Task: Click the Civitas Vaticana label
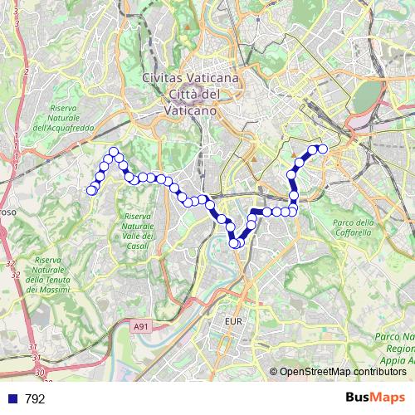coord(191,77)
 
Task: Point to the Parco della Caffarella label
coord(353,227)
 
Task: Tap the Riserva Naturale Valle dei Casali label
coord(138,233)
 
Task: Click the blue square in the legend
coord(12,399)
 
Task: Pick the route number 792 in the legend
coord(36,399)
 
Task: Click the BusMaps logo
coord(376,398)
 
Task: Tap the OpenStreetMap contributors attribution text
coord(343,372)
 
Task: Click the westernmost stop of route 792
coord(91,191)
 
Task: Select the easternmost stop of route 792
coord(323,149)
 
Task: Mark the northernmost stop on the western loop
coord(113,151)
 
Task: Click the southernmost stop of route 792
coord(235,244)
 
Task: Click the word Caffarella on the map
coord(354,233)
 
